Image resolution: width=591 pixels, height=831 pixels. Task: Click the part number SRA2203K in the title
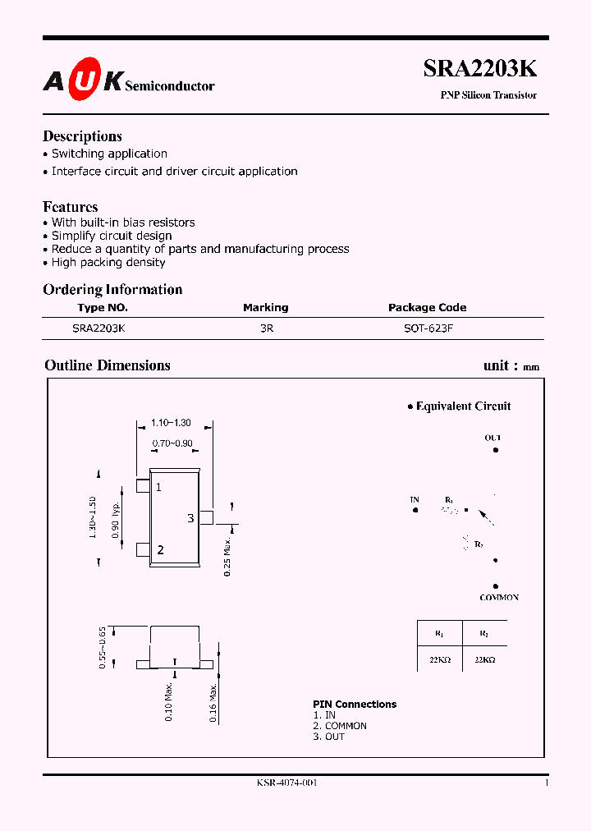[x=480, y=69]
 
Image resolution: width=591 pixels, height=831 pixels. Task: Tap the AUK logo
[x=83, y=80]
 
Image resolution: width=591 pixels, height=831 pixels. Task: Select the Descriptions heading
[x=82, y=136]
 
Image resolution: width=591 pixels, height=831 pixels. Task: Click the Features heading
[x=71, y=207]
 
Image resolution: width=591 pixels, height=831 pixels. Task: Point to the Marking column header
[x=265, y=307]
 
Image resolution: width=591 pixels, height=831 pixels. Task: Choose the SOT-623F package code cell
[x=426, y=327]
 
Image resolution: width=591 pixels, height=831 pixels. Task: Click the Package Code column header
[x=427, y=307]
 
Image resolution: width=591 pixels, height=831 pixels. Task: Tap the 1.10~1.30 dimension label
[x=171, y=423]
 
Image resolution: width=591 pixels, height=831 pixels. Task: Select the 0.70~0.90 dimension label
[x=172, y=443]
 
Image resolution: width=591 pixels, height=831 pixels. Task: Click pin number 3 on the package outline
[x=190, y=518]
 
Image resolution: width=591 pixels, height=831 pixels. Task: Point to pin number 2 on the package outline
[x=160, y=550]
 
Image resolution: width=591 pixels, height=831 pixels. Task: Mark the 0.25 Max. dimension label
[x=228, y=554]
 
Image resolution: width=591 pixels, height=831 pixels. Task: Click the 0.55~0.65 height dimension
[x=103, y=647]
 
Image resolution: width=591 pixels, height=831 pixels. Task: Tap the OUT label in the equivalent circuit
[x=492, y=438]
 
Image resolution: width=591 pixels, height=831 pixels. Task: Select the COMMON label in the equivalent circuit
[x=499, y=598]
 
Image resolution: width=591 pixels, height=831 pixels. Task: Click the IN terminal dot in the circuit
[x=415, y=510]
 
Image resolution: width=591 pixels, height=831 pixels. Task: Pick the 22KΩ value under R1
[x=439, y=660]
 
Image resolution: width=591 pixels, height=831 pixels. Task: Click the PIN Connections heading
[x=355, y=704]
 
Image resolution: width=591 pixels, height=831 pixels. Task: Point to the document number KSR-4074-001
[x=286, y=783]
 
